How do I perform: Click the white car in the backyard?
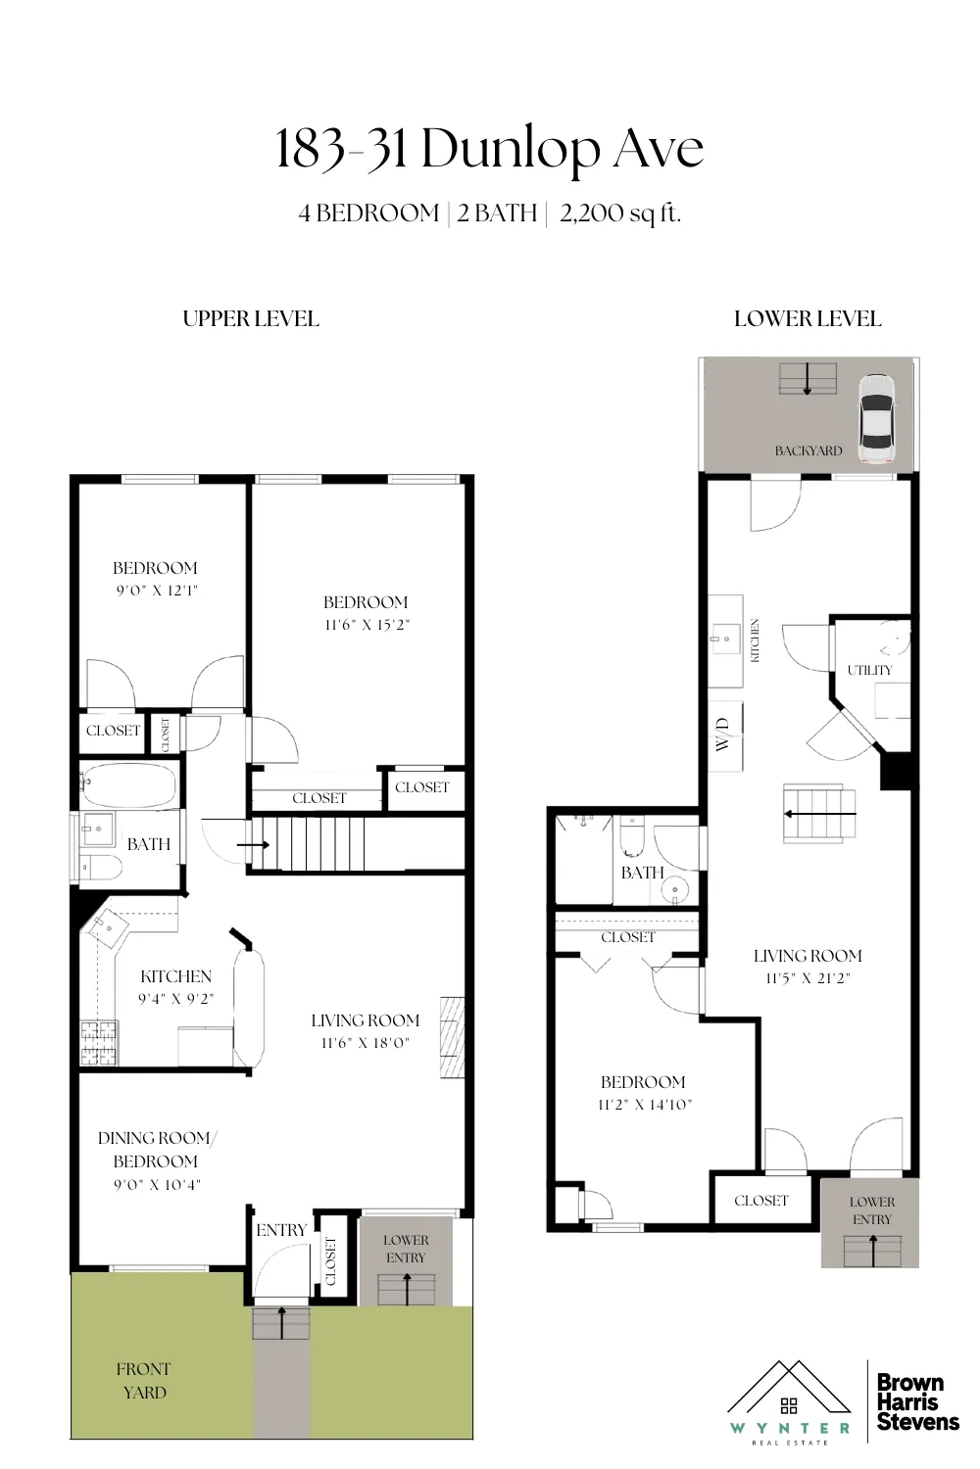pos(875,419)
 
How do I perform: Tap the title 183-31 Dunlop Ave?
pos(489,150)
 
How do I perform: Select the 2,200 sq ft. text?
pos(619,213)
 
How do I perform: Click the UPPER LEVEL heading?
pos(251,318)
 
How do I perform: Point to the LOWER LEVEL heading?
pos(808,318)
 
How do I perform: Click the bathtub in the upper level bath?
pos(129,785)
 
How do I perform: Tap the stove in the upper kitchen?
pos(98,1043)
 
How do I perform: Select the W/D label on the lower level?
pos(723,734)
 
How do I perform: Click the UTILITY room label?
pos(869,670)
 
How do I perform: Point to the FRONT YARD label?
pos(143,1380)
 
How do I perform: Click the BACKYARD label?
pos(808,450)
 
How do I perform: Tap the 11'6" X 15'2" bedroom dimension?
pos(366,625)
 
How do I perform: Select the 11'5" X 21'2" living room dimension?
pos(808,978)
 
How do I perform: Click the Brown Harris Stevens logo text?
pos(916,1402)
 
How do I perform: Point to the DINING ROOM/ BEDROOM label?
pos(156,1150)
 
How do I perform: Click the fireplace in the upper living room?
pos(451,1037)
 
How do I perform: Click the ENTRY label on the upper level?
pos(281,1230)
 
